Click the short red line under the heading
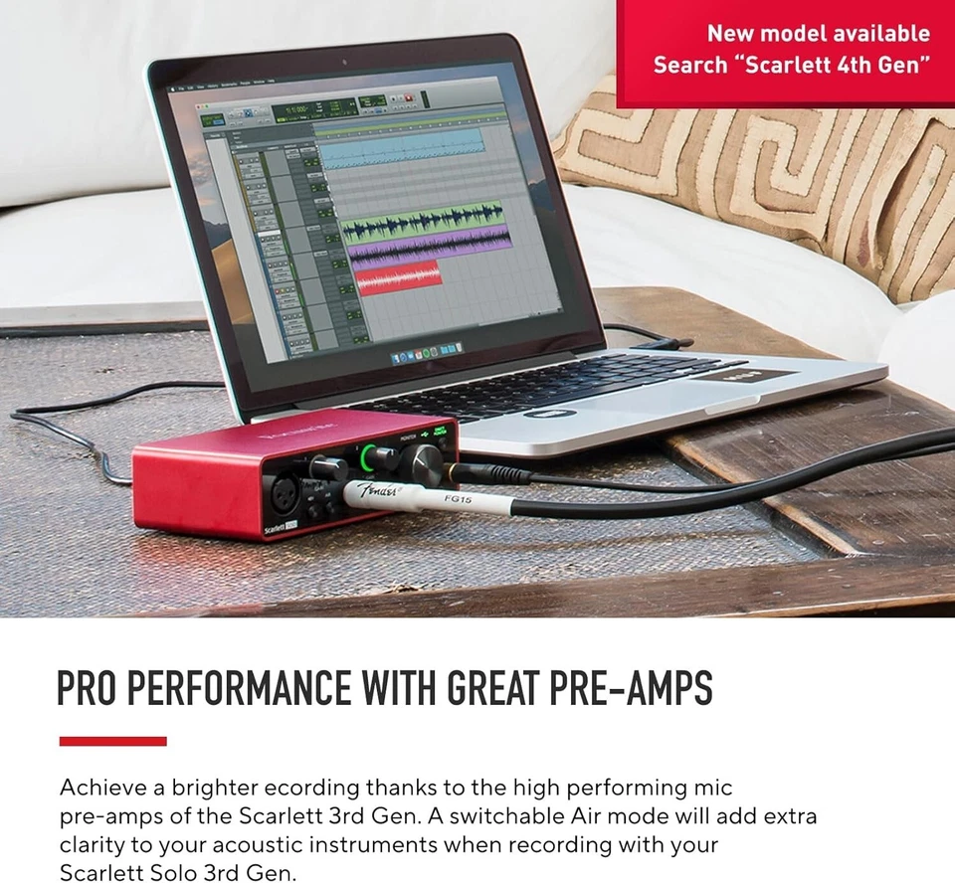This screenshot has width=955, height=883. point(112,741)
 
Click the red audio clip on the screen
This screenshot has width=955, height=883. point(398,276)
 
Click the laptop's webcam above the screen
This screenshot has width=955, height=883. point(344,62)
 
